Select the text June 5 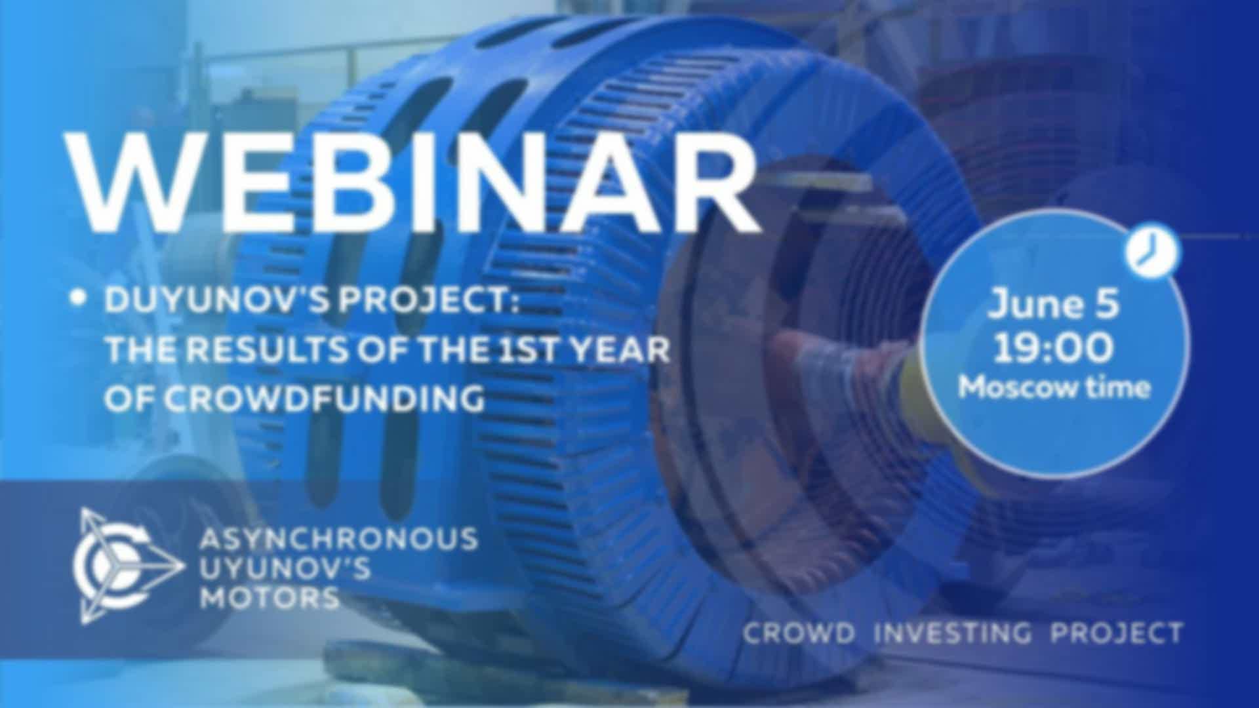[1054, 304]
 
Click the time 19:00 [1052, 347]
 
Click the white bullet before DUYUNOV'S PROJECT [79, 299]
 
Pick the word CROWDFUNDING [295, 399]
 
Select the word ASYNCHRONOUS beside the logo [338, 539]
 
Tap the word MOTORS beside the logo [269, 597]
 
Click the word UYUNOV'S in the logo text [285, 568]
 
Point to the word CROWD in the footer [799, 633]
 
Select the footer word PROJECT [1117, 633]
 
